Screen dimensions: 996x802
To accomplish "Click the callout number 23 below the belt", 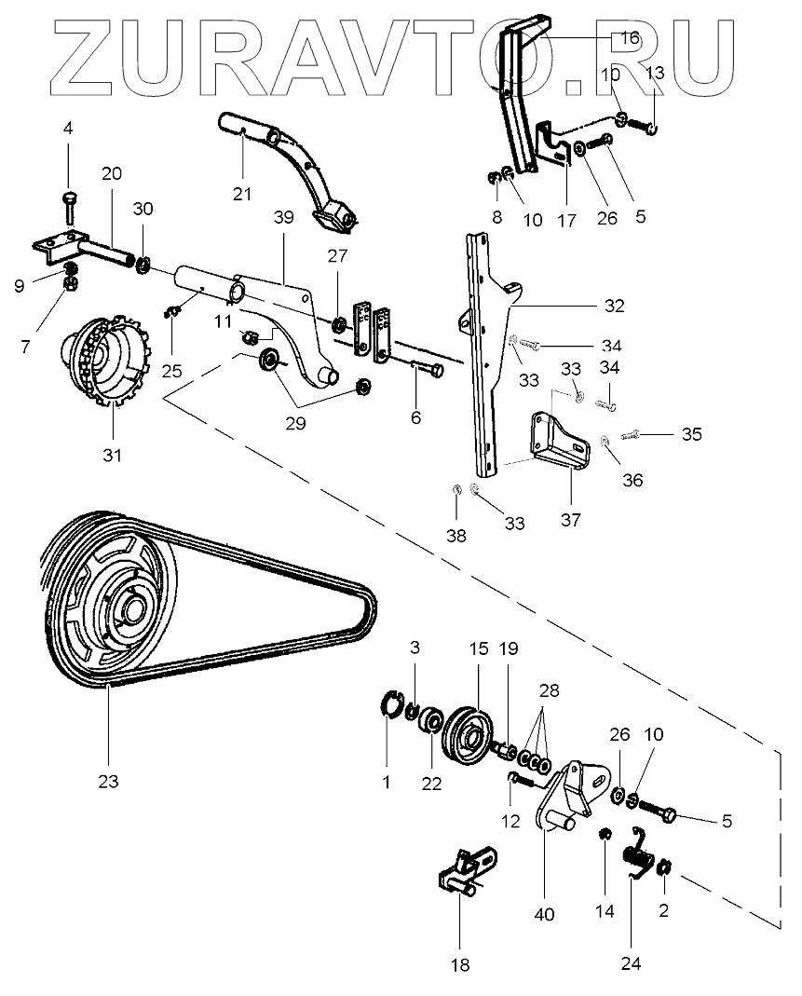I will pos(108,783).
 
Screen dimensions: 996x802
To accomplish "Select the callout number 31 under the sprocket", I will pos(112,456).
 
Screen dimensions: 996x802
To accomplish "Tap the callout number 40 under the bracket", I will pos(544,915).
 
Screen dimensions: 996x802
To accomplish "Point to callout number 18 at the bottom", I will pos(459,965).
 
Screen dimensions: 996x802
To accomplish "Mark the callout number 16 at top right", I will pos(630,38).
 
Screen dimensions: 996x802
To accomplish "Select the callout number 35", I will pos(691,434).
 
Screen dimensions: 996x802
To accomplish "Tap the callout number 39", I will pos(283,217).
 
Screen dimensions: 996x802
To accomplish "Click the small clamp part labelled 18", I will pos(462,870).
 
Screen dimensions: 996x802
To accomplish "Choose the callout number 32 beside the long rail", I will pos(613,305).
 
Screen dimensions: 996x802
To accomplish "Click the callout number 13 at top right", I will pos(655,73).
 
